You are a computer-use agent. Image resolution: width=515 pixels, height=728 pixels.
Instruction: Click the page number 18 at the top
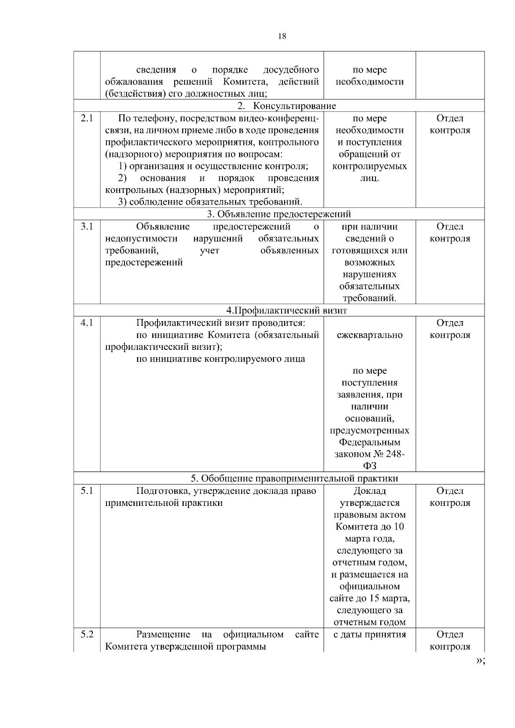[x=282, y=36]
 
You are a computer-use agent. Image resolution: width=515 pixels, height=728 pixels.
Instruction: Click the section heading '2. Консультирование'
[x=287, y=106]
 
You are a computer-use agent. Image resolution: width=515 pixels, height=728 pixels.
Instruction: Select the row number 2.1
[x=87, y=118]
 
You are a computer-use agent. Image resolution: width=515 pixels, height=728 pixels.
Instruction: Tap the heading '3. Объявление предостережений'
[x=279, y=214]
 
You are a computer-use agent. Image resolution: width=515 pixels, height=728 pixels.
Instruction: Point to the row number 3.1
[x=87, y=226]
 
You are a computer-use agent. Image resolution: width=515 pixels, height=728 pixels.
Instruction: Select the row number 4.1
[x=87, y=323]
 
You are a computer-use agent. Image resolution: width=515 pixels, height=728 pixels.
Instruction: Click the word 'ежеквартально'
[x=370, y=335]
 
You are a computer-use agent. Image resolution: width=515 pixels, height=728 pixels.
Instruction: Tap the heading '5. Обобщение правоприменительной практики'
[x=294, y=478]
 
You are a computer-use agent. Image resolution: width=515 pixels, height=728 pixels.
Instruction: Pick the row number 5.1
[x=87, y=491]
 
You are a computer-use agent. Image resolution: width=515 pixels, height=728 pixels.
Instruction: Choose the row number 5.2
[x=87, y=634]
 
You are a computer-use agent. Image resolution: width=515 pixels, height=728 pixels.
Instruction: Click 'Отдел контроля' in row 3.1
[x=450, y=232]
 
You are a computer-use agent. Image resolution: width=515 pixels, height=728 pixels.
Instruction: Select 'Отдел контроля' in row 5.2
[x=450, y=640]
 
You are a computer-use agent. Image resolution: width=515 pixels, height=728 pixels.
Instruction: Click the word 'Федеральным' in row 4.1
[x=370, y=442]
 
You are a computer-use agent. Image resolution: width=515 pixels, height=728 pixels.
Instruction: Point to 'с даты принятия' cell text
[x=370, y=634]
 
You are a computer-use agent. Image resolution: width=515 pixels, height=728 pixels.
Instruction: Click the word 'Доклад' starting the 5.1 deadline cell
[x=370, y=491]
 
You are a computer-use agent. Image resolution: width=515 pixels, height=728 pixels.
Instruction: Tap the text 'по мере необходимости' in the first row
[x=370, y=76]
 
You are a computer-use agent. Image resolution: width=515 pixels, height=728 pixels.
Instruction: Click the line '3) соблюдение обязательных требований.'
[x=210, y=202]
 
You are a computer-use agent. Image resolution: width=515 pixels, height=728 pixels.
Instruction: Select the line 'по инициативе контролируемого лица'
[x=221, y=359]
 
